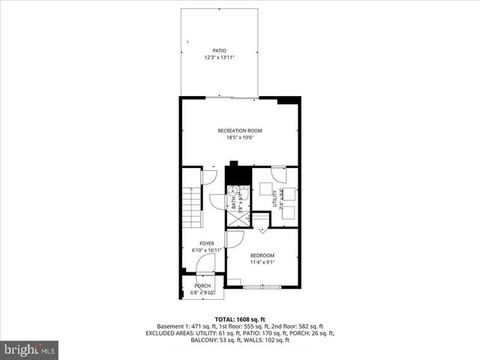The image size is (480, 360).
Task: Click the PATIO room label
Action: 219,51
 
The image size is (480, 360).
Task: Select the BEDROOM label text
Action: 262,255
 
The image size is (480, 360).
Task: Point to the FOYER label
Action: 207,244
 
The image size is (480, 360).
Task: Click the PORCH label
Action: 202,286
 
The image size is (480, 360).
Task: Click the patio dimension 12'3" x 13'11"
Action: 219,58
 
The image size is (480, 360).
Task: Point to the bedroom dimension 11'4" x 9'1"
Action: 262,262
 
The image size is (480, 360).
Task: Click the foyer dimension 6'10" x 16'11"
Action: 198,250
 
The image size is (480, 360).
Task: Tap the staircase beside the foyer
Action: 192,199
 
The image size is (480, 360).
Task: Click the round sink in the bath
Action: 233,190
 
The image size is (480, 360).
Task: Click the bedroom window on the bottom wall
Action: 262,286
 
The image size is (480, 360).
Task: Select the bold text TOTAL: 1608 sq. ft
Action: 240,319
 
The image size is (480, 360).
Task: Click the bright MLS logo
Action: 30,349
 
